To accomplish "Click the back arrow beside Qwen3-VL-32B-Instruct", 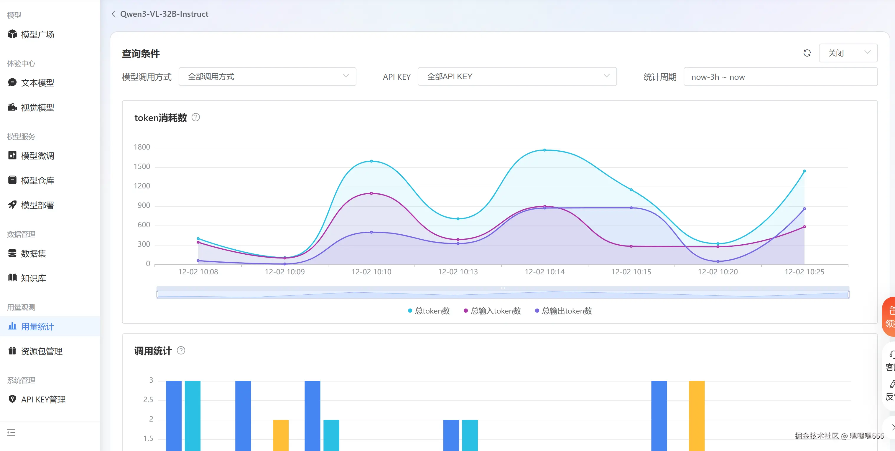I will point(113,14).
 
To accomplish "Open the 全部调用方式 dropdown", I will point(267,76).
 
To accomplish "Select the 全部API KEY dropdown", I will point(517,76).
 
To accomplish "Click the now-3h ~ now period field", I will point(780,77).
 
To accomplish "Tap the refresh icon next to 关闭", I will point(807,53).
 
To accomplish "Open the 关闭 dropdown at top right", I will point(848,53).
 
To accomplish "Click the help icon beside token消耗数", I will point(196,117).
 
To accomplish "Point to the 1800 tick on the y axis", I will point(142,147).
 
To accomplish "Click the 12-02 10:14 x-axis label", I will point(544,272).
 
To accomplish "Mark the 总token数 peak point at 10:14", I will point(544,150).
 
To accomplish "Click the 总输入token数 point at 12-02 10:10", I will point(371,193).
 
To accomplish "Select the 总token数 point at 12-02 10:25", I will point(804,171).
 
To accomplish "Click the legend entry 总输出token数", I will point(564,311).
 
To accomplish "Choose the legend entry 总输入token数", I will point(492,311).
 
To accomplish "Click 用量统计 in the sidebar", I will point(37,326).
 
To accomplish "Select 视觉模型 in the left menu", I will point(37,107).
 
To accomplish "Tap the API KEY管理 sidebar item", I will point(43,399).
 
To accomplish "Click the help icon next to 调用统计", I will point(181,350).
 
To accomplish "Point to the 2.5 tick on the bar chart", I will point(148,400).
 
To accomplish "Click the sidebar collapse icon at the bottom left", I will point(11,432).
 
